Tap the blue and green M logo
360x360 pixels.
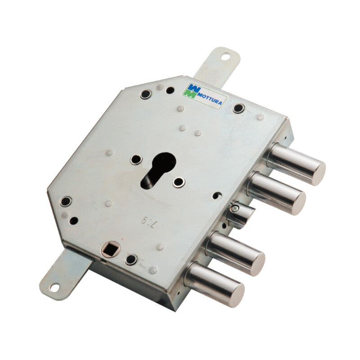pyautogui.click(x=190, y=90)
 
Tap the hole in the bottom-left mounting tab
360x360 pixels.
pyautogui.click(x=54, y=286)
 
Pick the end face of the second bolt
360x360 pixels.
pyautogui.click(x=298, y=202)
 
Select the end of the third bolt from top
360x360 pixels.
pyautogui.click(x=257, y=264)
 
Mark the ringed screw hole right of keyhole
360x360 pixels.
pyautogui.click(x=179, y=182)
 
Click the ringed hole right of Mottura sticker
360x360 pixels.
pyautogui.click(x=238, y=108)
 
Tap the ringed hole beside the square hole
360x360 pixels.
pyautogui.click(x=131, y=259)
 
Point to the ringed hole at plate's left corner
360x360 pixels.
pyautogui.click(x=66, y=201)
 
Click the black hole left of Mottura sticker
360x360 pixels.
pyautogui.click(x=170, y=90)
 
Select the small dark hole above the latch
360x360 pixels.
pyautogui.click(x=218, y=196)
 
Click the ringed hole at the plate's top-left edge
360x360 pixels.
pyautogui.click(x=145, y=94)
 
